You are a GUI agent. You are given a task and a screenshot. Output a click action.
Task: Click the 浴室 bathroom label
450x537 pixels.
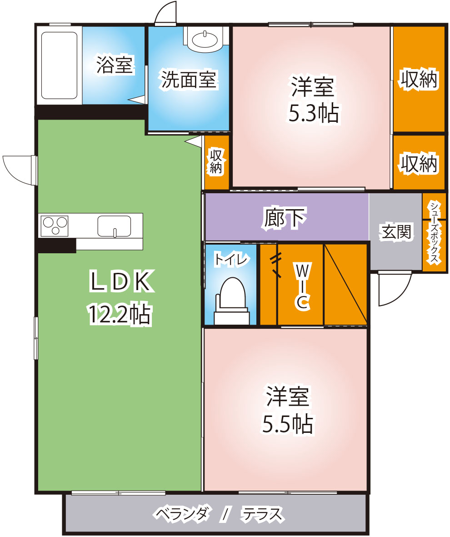click(115, 65)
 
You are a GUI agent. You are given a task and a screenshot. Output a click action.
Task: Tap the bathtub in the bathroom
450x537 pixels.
click(59, 65)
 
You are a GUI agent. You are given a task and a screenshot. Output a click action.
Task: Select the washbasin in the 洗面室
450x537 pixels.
click(205, 40)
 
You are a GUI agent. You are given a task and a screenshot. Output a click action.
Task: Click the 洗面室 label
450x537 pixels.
click(189, 80)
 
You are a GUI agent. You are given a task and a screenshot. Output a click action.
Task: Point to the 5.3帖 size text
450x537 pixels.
click(314, 113)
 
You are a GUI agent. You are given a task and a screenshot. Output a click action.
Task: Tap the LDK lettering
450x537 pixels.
click(121, 281)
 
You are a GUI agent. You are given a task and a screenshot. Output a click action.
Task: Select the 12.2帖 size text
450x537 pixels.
click(120, 314)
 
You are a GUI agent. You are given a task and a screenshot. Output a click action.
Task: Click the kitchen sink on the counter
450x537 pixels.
click(114, 226)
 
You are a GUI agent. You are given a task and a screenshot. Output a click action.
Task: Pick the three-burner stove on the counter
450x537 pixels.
click(55, 226)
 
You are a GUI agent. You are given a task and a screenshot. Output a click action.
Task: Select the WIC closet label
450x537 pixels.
click(303, 286)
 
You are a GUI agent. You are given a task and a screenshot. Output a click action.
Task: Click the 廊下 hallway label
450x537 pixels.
click(285, 218)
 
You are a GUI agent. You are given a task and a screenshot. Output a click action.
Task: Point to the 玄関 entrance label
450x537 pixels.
click(396, 232)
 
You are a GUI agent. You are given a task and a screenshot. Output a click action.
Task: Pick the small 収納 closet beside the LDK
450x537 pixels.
click(216, 162)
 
